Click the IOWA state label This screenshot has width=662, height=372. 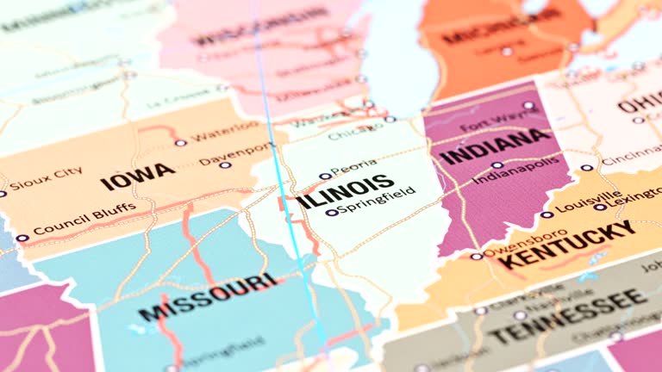tap(137, 176)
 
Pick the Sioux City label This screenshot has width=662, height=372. tap(47, 177)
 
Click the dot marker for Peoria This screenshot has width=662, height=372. tap(325, 176)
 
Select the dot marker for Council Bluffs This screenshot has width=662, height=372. tap(22, 239)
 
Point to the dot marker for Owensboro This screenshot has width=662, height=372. tap(476, 256)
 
